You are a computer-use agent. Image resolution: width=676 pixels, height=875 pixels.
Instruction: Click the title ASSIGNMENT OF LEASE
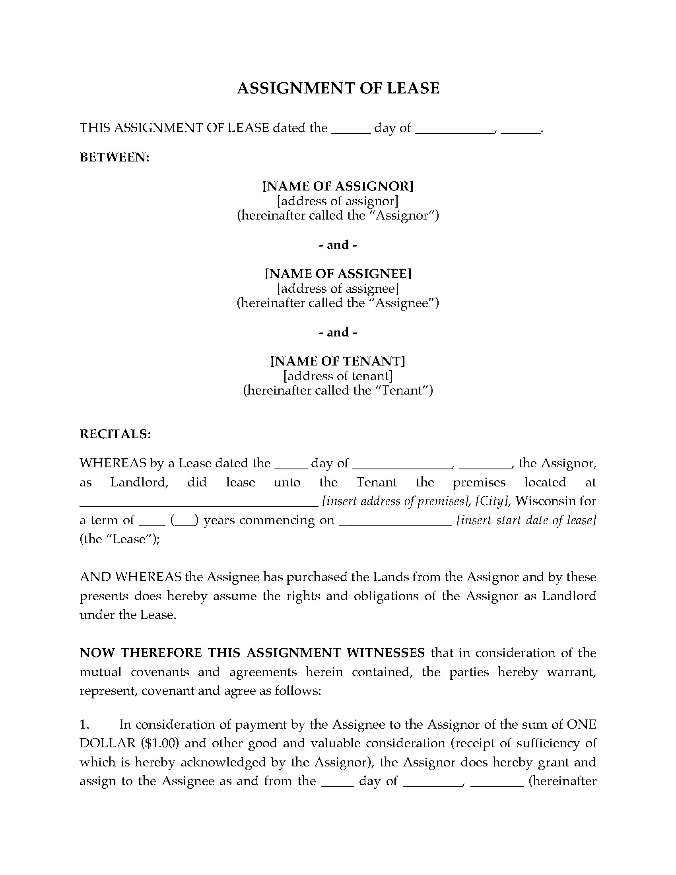click(338, 88)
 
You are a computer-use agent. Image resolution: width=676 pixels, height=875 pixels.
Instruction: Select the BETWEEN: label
click(115, 157)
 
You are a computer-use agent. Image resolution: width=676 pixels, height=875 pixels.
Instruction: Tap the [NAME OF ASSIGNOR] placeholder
click(338, 186)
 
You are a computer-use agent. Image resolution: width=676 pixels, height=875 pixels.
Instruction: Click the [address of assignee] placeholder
click(338, 288)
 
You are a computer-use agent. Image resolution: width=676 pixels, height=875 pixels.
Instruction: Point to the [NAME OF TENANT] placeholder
click(338, 362)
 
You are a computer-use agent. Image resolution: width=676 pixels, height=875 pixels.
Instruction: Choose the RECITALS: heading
click(115, 434)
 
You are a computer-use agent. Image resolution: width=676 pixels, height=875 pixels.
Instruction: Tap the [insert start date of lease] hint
click(526, 520)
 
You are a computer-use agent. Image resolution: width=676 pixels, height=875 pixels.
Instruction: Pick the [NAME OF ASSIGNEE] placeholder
click(338, 274)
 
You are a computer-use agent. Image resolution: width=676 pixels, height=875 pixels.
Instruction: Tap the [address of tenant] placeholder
click(338, 376)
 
